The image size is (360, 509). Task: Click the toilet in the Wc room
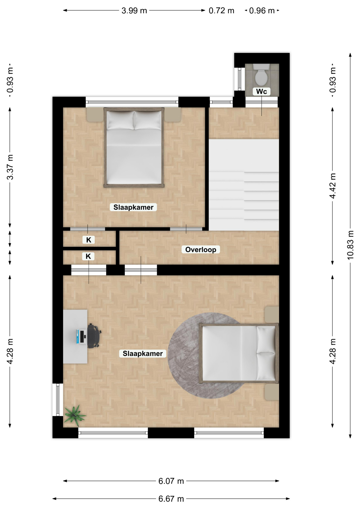[261, 74]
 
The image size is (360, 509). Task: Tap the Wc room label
[261, 91]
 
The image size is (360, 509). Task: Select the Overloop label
[201, 249]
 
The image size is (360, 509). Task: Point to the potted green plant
[74, 415]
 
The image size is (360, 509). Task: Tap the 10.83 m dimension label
[350, 245]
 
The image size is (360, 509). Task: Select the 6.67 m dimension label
[171, 499]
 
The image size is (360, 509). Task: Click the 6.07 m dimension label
[171, 481]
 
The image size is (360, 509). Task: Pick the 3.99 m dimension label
[134, 11]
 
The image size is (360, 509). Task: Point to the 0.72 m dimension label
[221, 11]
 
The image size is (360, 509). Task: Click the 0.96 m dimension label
[262, 11]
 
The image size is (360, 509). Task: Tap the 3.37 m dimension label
[10, 167]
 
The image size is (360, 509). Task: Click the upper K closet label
[89, 240]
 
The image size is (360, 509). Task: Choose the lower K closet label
[88, 256]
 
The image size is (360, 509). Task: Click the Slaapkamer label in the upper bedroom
[133, 207]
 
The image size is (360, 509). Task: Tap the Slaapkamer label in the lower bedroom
[143, 354]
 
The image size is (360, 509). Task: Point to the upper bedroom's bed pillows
[134, 120]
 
